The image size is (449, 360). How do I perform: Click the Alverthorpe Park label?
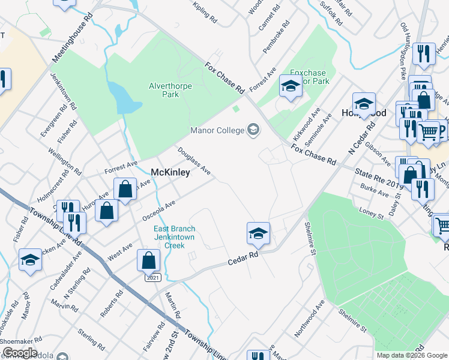pos(170,90)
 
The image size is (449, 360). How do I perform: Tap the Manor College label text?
pos(217,130)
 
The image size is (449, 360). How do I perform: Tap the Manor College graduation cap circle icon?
pos(253,130)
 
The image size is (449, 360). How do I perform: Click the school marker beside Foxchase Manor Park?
pos(291,86)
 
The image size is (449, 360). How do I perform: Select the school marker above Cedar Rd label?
pos(258,233)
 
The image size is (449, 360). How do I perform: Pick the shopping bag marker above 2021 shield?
pos(148,261)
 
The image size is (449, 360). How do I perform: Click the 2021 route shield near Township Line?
pos(153,277)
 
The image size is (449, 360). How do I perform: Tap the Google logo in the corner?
pos(20,352)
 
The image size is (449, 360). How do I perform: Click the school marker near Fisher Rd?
pos(30,260)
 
